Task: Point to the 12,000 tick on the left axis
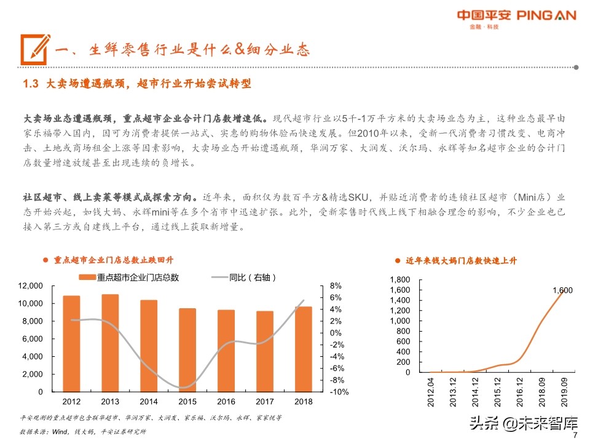[x=31, y=286]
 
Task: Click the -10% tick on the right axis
[x=339, y=392]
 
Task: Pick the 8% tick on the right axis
[x=336, y=286]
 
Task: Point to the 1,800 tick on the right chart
[x=400, y=280]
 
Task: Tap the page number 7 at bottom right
[x=575, y=436]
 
